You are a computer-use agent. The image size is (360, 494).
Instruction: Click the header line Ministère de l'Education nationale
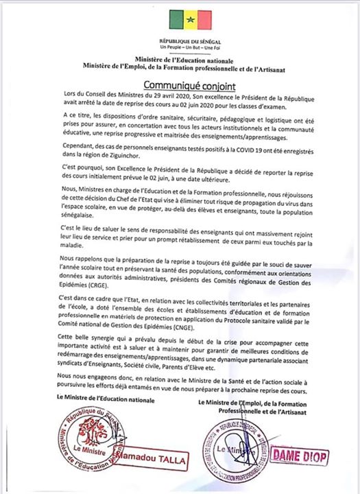click(x=180, y=61)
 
